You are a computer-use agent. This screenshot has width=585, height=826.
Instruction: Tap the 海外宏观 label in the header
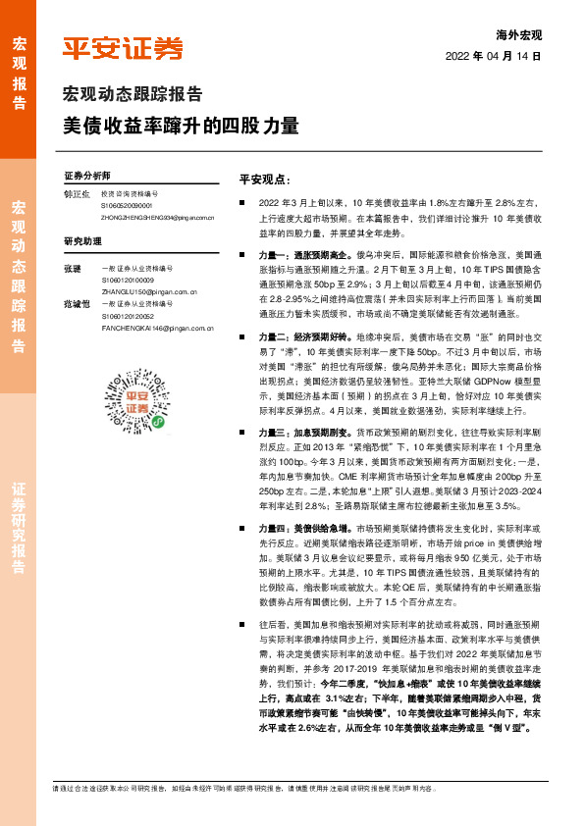(520, 35)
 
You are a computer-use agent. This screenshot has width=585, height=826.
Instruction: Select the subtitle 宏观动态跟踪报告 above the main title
(133, 95)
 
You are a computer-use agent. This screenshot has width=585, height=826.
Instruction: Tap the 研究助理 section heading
(82, 240)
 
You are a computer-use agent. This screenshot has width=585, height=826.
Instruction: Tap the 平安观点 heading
(265, 180)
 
